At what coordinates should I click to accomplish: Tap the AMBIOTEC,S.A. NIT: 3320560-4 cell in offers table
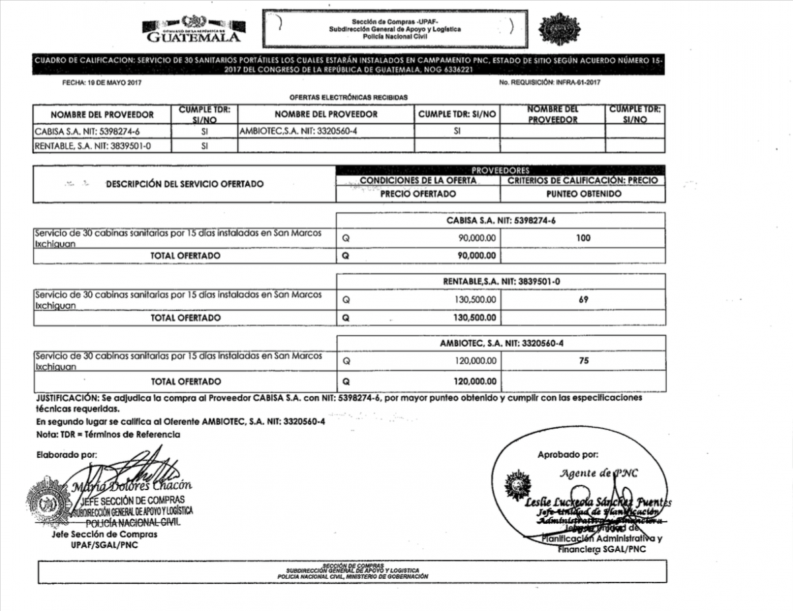(x=298, y=131)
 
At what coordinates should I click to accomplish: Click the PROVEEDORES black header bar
(x=500, y=170)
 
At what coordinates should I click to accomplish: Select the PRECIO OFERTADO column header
(x=418, y=194)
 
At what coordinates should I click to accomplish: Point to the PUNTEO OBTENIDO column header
(x=583, y=194)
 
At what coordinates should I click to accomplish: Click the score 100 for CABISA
(x=583, y=238)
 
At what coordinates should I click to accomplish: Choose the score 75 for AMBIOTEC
(x=583, y=361)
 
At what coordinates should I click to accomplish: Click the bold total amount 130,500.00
(x=475, y=318)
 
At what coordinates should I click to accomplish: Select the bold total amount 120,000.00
(x=475, y=381)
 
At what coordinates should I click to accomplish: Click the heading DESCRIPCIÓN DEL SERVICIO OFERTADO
(x=184, y=184)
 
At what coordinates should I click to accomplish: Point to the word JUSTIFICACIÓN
(x=65, y=398)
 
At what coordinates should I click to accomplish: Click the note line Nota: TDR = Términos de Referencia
(x=108, y=434)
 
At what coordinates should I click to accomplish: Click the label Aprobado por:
(x=568, y=454)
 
